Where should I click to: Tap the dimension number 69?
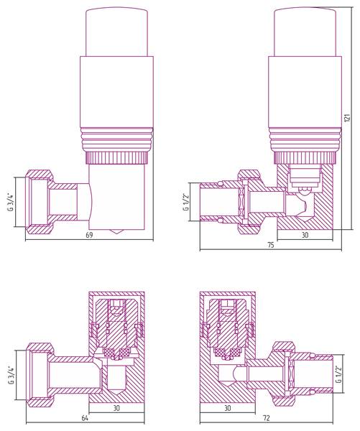(89, 236)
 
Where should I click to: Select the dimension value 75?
(271, 245)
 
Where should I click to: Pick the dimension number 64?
(85, 418)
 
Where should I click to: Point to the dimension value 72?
(266, 418)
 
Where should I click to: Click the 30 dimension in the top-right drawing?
(305, 235)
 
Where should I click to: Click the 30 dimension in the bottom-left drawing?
(116, 408)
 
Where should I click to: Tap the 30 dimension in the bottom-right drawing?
(228, 408)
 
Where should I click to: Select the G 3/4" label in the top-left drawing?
(11, 203)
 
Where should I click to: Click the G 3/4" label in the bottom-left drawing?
(11, 375)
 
